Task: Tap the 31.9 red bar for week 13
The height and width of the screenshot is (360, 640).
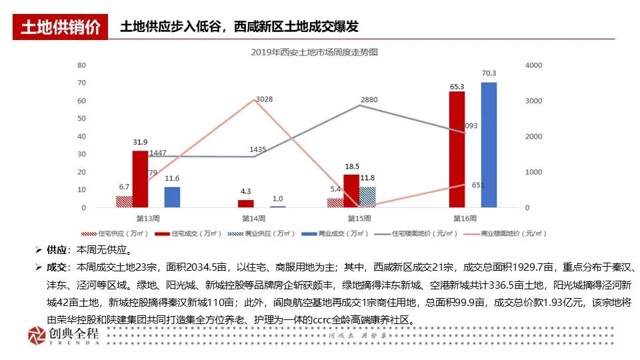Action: pos(140,179)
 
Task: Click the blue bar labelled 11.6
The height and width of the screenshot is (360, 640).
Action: pos(172,197)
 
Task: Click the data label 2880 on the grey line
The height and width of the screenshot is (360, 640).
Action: pos(369,100)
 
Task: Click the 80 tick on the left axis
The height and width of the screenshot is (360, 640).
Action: pos(81,65)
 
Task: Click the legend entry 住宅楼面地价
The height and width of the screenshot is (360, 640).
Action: pos(425,234)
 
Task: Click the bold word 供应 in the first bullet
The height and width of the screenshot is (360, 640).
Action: pos(57,251)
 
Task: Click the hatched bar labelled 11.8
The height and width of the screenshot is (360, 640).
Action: pos(367,197)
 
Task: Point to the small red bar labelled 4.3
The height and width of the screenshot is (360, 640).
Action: pos(245,203)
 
